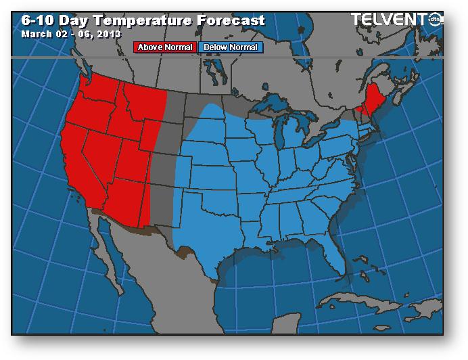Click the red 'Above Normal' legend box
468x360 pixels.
[165, 47]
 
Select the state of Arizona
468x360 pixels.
[128, 200]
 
